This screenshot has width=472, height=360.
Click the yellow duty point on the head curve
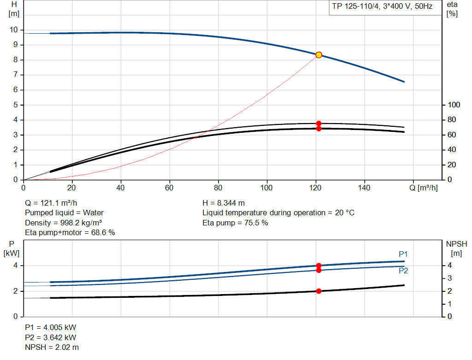(x=319, y=55)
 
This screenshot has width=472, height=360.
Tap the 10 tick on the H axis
(x=13, y=30)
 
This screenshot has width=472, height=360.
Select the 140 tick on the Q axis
(x=365, y=188)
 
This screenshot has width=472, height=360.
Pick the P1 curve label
(x=403, y=254)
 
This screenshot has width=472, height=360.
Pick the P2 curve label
(x=403, y=271)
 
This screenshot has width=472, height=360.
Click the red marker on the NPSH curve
(x=319, y=291)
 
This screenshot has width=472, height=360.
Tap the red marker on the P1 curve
(x=319, y=266)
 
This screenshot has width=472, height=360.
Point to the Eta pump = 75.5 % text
(x=235, y=223)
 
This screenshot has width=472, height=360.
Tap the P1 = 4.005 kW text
(x=50, y=327)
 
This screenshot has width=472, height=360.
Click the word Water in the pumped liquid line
(x=94, y=213)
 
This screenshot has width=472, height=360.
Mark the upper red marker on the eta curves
(x=319, y=124)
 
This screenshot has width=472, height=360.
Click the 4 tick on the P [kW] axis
(x=15, y=266)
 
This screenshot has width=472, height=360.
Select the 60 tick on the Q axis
(x=170, y=188)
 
